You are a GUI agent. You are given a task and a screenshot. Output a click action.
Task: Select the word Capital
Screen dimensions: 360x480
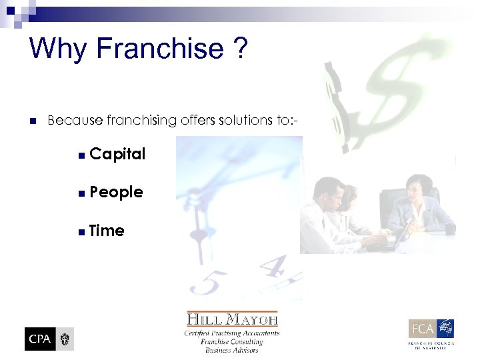click(117, 154)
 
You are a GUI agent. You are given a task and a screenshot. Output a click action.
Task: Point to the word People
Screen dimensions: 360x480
click(116, 192)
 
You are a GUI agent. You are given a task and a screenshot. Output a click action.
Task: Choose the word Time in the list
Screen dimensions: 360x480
click(107, 231)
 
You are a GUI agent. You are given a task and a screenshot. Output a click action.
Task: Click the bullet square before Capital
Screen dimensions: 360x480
click(81, 155)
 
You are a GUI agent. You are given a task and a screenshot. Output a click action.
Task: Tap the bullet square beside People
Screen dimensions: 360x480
click(81, 193)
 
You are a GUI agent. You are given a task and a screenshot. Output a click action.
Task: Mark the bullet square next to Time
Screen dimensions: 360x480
click(81, 232)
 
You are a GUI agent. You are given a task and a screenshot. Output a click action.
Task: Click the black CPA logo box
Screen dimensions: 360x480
click(39, 339)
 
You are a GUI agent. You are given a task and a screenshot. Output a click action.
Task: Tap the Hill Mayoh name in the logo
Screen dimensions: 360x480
click(232, 320)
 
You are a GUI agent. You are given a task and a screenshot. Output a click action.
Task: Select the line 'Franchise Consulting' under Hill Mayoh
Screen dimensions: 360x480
click(232, 341)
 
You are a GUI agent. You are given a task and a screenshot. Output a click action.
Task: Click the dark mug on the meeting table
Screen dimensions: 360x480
click(450, 229)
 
